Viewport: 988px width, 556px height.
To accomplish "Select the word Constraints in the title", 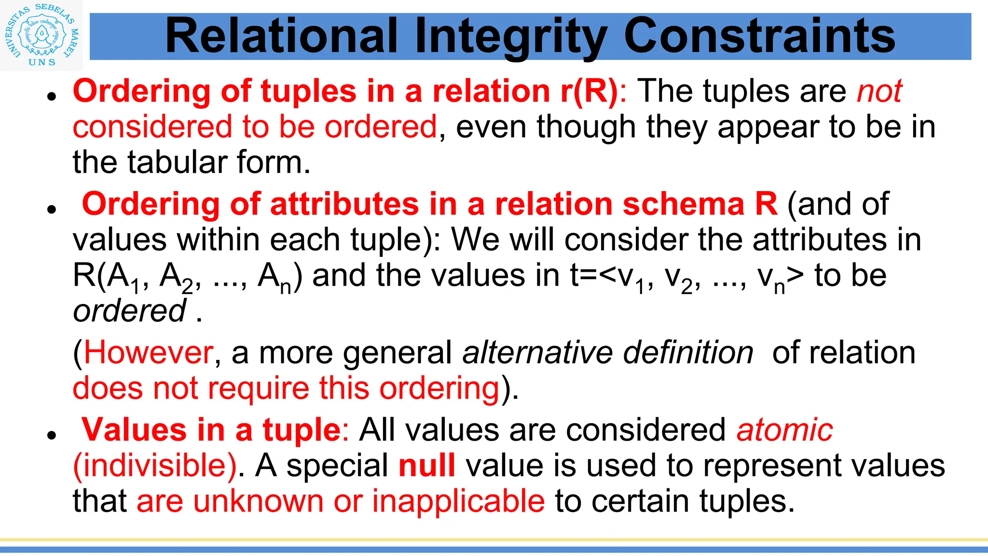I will tap(759, 36).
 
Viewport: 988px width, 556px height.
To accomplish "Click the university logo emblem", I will tap(41, 35).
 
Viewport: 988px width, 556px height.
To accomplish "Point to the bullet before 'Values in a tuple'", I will tap(52, 435).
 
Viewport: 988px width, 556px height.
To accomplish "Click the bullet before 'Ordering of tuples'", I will tap(52, 96).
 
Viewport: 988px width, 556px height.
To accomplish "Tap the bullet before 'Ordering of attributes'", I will tap(52, 209).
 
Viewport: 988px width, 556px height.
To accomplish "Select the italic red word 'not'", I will tap(879, 91).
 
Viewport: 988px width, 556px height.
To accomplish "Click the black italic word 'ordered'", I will tap(129, 311).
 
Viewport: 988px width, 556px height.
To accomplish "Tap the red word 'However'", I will tap(149, 352).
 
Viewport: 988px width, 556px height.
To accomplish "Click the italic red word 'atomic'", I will tap(784, 430).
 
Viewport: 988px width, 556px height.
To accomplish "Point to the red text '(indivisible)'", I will tap(155, 466).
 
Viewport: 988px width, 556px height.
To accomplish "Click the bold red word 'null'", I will tap(427, 466).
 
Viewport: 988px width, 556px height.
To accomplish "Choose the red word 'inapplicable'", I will tap(458, 501).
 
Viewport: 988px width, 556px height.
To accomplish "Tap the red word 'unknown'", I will tap(259, 501).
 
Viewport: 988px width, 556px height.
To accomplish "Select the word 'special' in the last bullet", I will tap(337, 466).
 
